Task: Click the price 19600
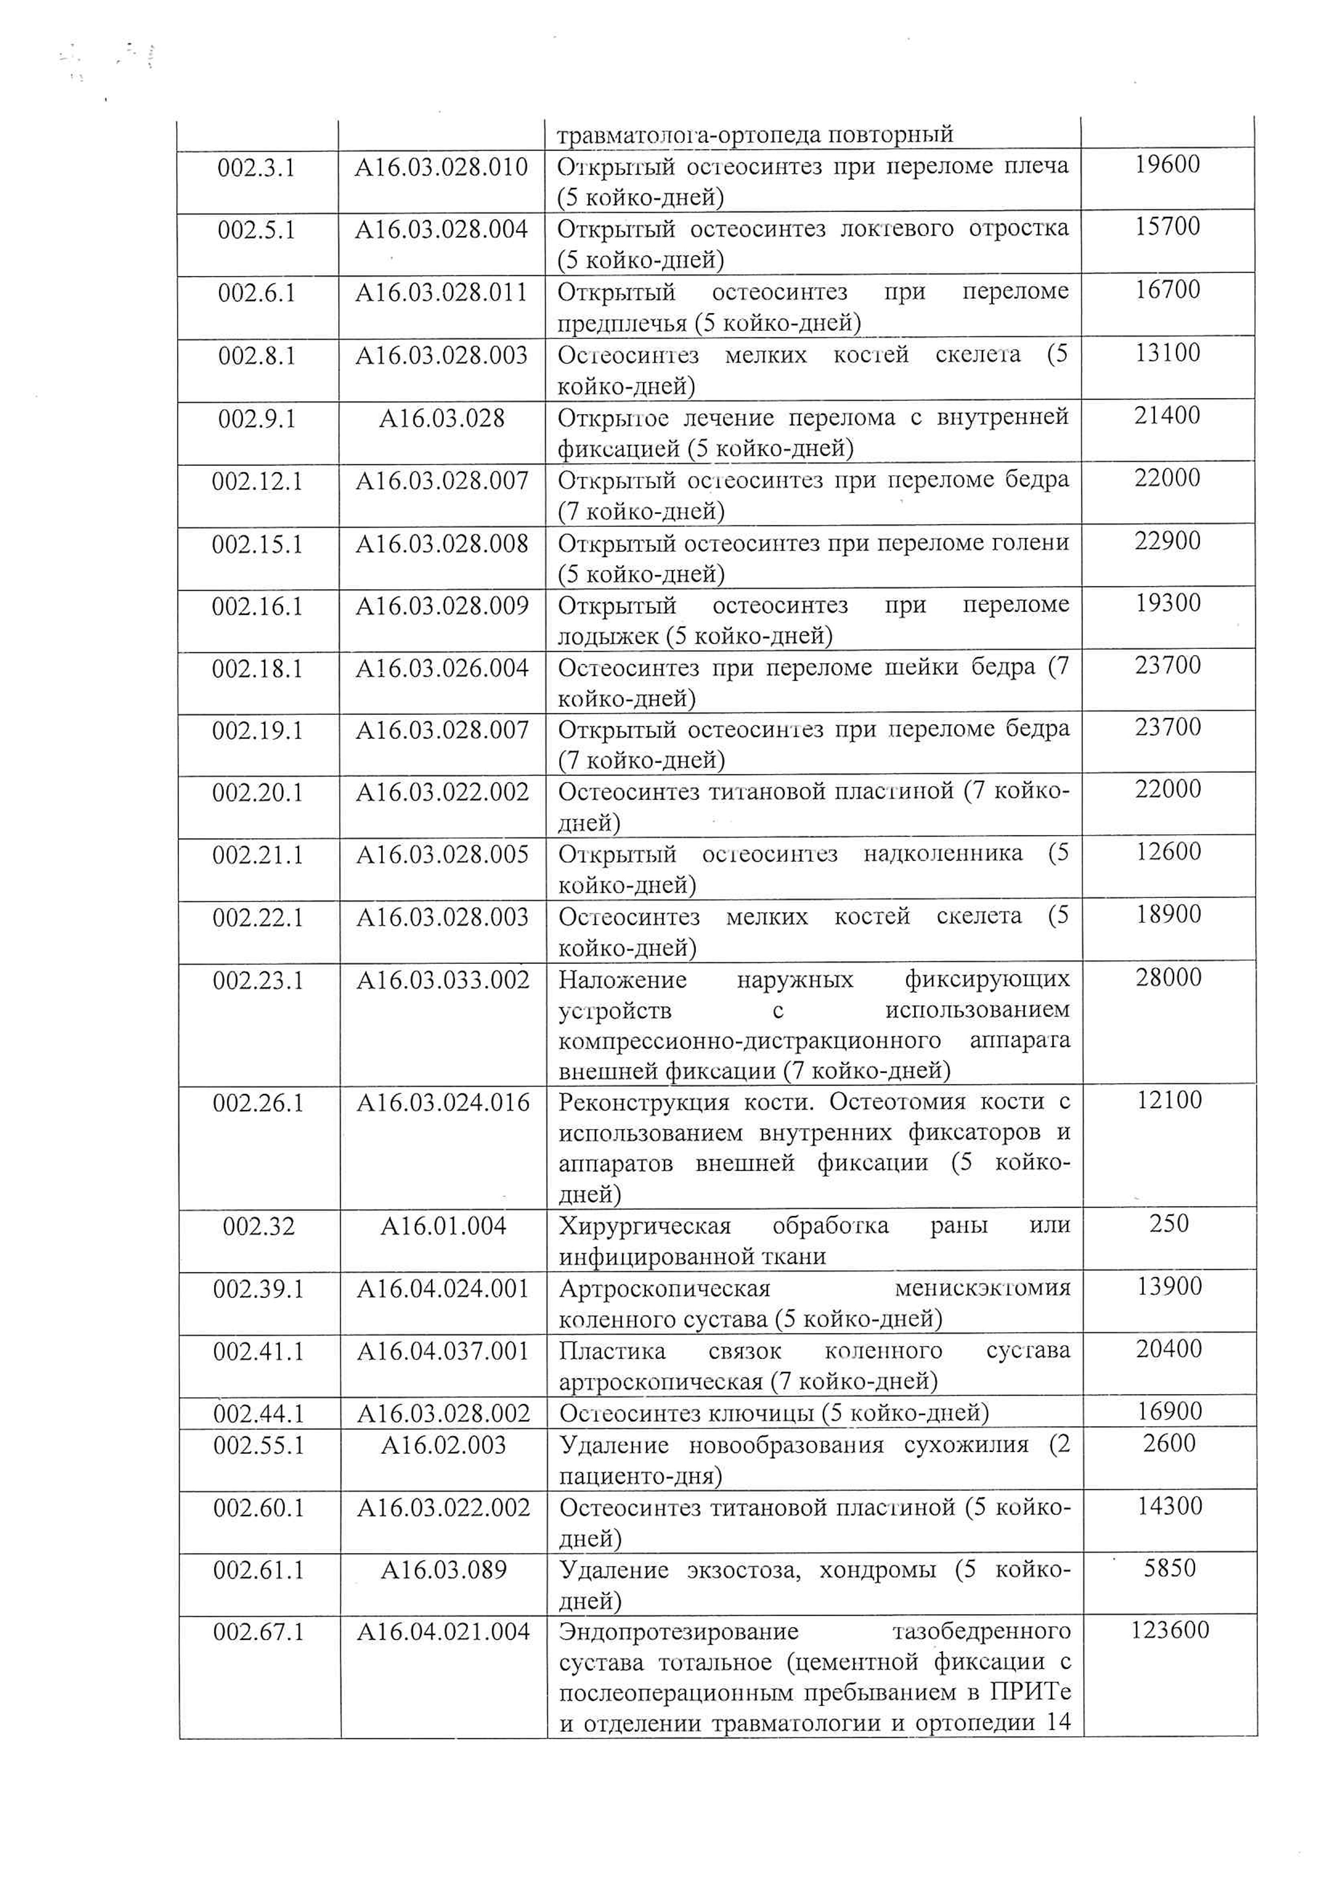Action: [1167, 164]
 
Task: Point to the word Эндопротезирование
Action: [679, 1632]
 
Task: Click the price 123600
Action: [1169, 1630]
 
